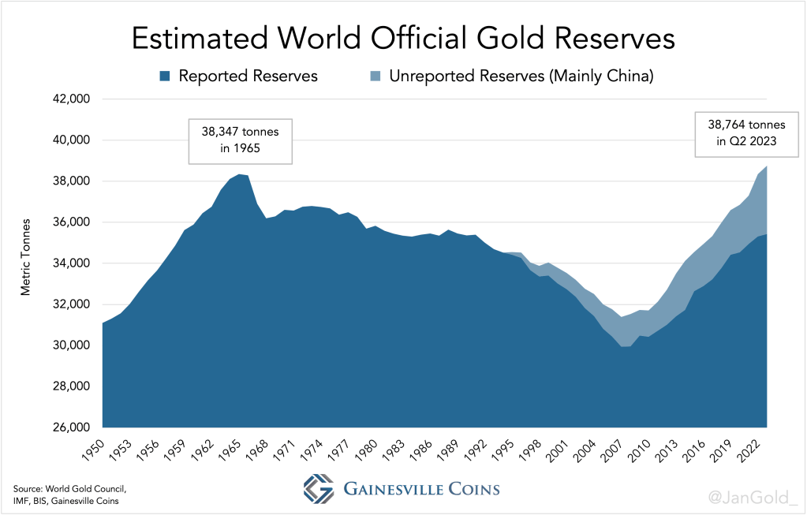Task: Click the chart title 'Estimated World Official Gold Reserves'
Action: [x=402, y=39]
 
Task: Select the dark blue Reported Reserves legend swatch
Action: [x=165, y=77]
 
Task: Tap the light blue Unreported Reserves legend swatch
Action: [x=375, y=77]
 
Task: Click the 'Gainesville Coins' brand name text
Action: [x=421, y=489]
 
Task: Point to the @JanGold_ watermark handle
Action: [x=753, y=496]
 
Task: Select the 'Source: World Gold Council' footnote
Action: [x=69, y=490]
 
